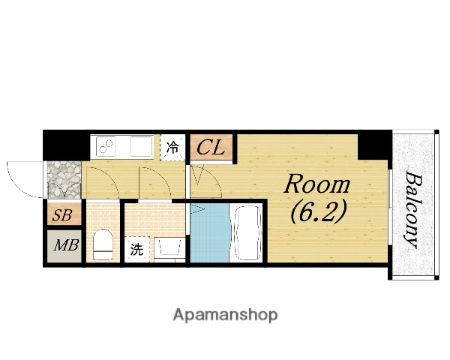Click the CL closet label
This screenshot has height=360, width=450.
click(x=210, y=148)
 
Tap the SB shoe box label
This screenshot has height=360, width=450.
click(x=62, y=215)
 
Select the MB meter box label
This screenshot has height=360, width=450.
click(x=66, y=245)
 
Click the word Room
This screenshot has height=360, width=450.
click(x=316, y=184)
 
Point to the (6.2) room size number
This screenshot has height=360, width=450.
click(x=318, y=212)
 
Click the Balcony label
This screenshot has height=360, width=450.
click(x=414, y=209)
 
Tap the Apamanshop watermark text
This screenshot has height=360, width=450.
click(x=225, y=315)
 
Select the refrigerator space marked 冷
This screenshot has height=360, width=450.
click(x=172, y=148)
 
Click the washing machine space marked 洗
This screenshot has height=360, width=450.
click(x=137, y=249)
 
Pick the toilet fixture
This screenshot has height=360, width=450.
click(x=103, y=244)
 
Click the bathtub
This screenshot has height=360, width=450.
click(x=247, y=232)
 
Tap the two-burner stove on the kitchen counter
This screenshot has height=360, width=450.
click(x=106, y=146)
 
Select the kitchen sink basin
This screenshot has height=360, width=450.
click(x=141, y=146)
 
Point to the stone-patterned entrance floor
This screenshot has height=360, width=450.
click(x=64, y=180)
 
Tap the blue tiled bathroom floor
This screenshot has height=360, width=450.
click(x=210, y=232)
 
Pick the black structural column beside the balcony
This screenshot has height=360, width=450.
click(x=373, y=145)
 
